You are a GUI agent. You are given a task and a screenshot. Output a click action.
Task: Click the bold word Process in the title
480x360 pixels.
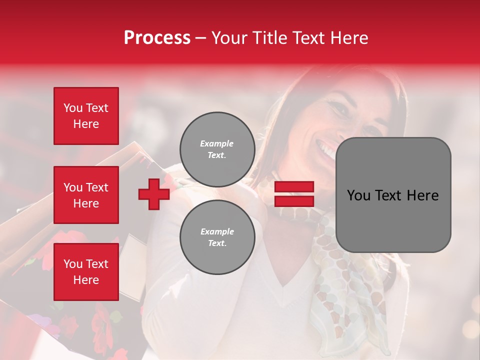[157, 38]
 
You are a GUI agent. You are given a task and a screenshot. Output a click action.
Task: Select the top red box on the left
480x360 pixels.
[86, 116]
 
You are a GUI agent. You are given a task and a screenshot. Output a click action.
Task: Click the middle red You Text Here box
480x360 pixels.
[86, 195]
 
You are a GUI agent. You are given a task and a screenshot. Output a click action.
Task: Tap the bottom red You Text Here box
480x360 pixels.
[86, 272]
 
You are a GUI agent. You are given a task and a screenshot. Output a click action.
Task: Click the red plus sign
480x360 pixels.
[154, 194]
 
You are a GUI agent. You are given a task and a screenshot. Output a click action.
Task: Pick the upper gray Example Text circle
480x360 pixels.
[217, 149]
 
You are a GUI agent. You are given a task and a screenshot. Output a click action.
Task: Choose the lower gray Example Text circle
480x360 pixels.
[217, 237]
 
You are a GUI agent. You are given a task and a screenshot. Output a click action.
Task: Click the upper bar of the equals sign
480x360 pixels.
[294, 187]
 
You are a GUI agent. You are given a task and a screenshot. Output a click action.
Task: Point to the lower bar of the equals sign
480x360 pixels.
[294, 201]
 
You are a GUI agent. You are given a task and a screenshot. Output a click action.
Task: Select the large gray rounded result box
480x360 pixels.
[393, 195]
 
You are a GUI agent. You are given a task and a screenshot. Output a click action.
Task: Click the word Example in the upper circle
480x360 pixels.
[217, 143]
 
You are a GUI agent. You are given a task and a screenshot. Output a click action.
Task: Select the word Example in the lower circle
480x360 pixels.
[217, 231]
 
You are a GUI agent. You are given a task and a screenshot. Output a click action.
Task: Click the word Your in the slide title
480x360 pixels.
[231, 38]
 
